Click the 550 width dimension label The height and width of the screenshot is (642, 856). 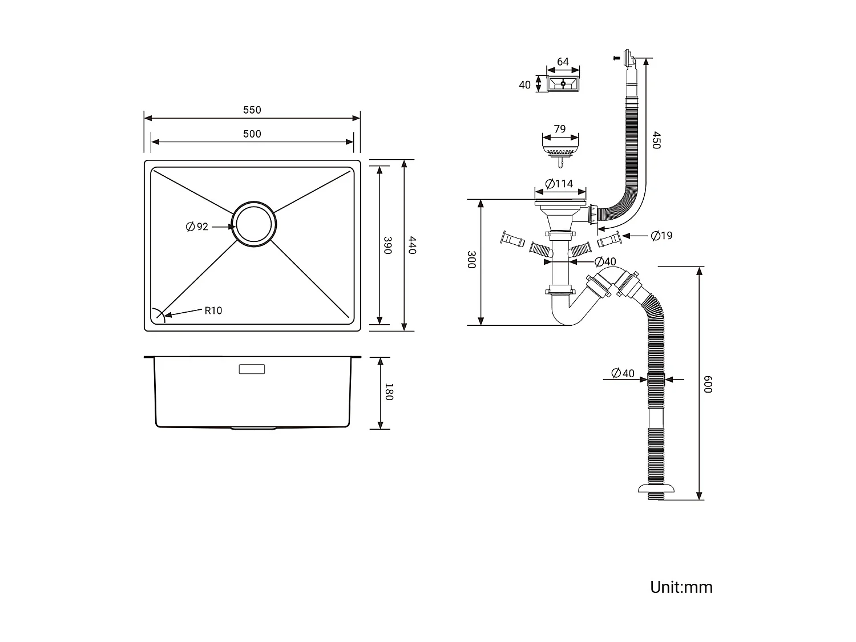coord(252,110)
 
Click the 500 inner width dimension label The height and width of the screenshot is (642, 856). coord(252,134)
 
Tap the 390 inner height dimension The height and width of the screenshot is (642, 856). coord(387,245)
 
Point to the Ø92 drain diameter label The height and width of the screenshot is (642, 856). coord(197,227)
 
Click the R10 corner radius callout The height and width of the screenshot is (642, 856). coord(213,310)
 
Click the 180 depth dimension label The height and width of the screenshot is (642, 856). coord(389,392)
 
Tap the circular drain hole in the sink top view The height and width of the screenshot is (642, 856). coord(254,224)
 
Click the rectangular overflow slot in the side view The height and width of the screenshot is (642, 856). coord(252,369)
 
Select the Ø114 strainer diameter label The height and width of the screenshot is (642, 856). coord(559,184)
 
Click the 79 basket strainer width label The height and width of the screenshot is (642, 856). coord(560,129)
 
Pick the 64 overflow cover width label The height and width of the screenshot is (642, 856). coord(563,62)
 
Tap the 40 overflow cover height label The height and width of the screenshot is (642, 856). coord(524,85)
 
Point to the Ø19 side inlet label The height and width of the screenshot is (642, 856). coord(662,235)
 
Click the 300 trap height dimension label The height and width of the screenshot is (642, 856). coord(471,260)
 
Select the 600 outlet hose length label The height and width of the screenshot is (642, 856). coord(708,384)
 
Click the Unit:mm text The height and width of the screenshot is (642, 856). coord(681,587)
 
